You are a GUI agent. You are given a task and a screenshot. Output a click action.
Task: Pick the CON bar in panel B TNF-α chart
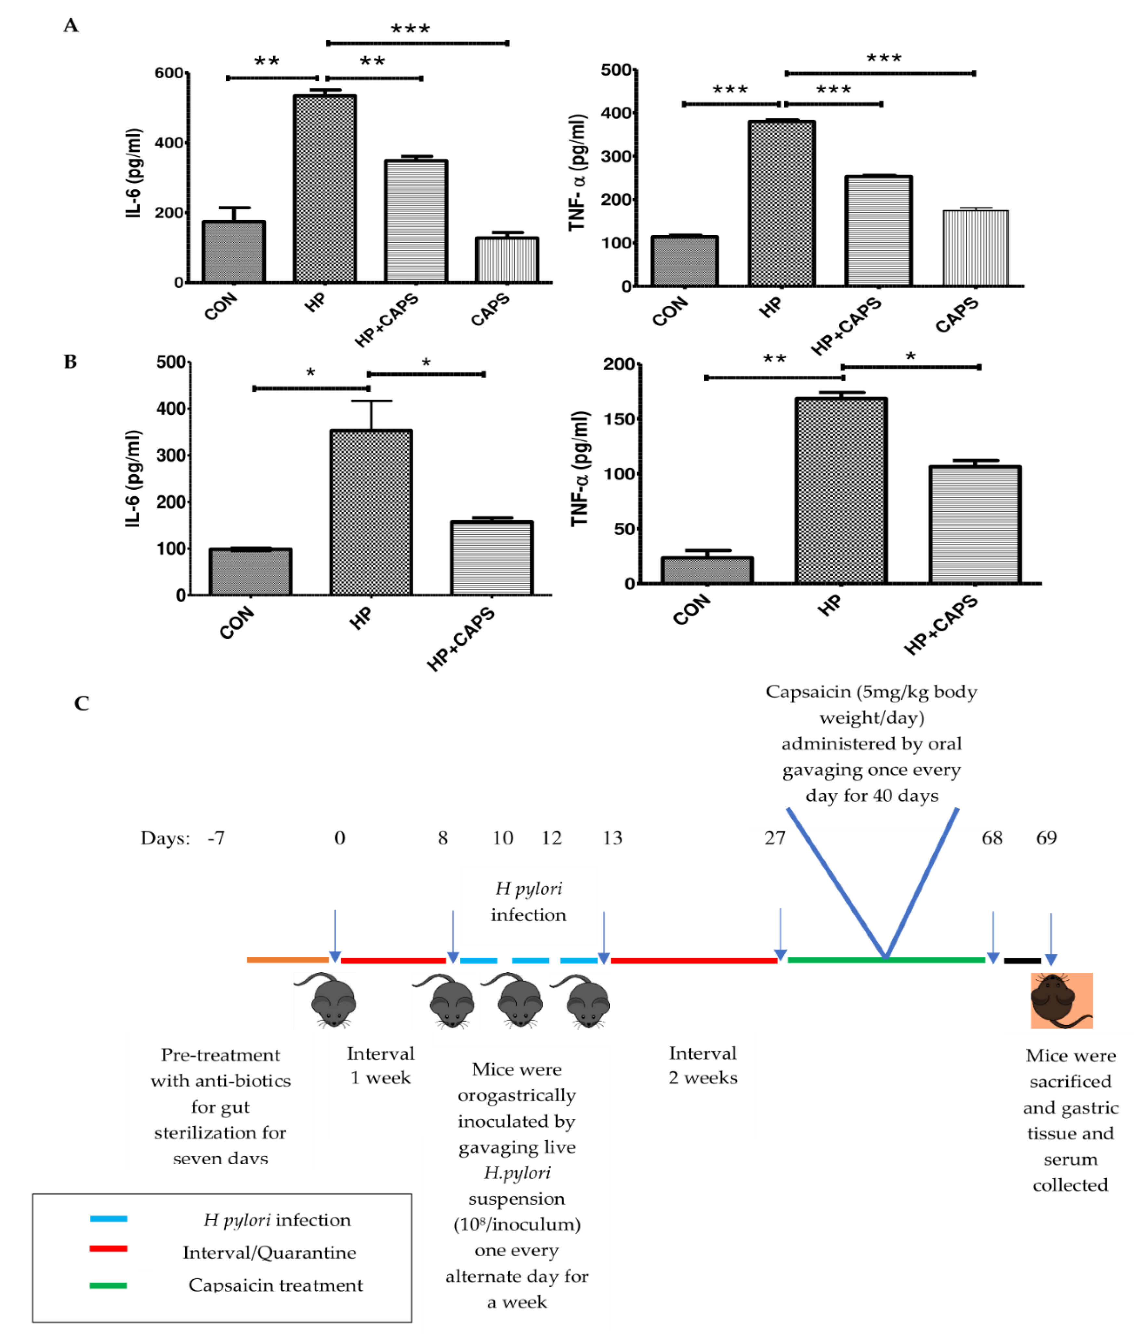point(707,570)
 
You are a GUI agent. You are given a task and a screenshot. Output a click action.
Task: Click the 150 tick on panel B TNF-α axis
point(619,419)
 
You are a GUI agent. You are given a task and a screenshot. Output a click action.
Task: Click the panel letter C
point(82,703)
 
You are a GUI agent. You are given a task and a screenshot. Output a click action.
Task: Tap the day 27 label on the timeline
point(775,838)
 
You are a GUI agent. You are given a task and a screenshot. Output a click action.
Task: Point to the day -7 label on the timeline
point(216,838)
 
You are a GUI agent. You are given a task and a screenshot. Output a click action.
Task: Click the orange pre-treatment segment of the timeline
point(287,960)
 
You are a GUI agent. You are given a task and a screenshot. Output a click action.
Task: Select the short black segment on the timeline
point(1022,960)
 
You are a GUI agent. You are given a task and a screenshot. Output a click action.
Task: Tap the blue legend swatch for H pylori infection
point(109,1219)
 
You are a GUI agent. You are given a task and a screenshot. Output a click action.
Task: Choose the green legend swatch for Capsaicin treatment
point(109,1285)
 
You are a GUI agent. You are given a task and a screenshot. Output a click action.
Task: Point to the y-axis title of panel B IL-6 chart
point(133,479)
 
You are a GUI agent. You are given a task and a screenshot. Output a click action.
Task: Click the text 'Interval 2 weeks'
point(702,1065)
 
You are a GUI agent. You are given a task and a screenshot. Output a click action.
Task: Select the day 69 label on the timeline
point(1046,838)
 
